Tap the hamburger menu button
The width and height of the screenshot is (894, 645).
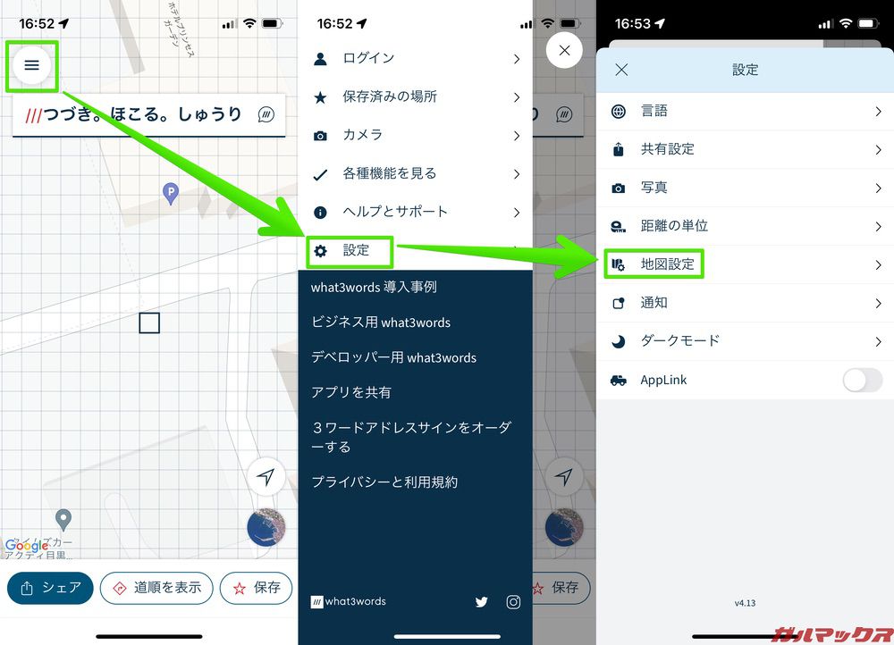click(x=32, y=64)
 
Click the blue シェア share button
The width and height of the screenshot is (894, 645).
click(x=50, y=588)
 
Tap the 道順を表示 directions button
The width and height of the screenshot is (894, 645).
click(x=156, y=588)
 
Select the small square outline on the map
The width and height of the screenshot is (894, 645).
click(x=149, y=322)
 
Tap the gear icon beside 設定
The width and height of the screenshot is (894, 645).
click(x=320, y=251)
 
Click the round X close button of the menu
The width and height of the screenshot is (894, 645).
click(x=564, y=51)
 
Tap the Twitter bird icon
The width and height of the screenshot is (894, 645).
click(x=482, y=602)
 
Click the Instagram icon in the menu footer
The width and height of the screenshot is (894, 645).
click(x=513, y=602)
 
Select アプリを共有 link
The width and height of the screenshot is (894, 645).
click(x=351, y=392)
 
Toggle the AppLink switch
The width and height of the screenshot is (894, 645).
click(x=862, y=381)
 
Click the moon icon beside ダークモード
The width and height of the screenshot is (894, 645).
click(x=618, y=341)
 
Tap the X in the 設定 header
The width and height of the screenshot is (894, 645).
click(x=622, y=70)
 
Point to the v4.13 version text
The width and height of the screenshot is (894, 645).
click(x=745, y=603)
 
